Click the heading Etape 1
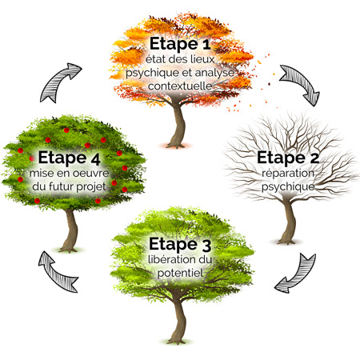point(180,44)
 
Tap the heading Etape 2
point(288,158)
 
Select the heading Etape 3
point(180,244)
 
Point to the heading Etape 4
point(70,158)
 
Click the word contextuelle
point(180,86)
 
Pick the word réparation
point(288,174)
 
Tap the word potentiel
point(180,273)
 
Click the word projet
point(91,186)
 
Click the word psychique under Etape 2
point(288,186)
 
